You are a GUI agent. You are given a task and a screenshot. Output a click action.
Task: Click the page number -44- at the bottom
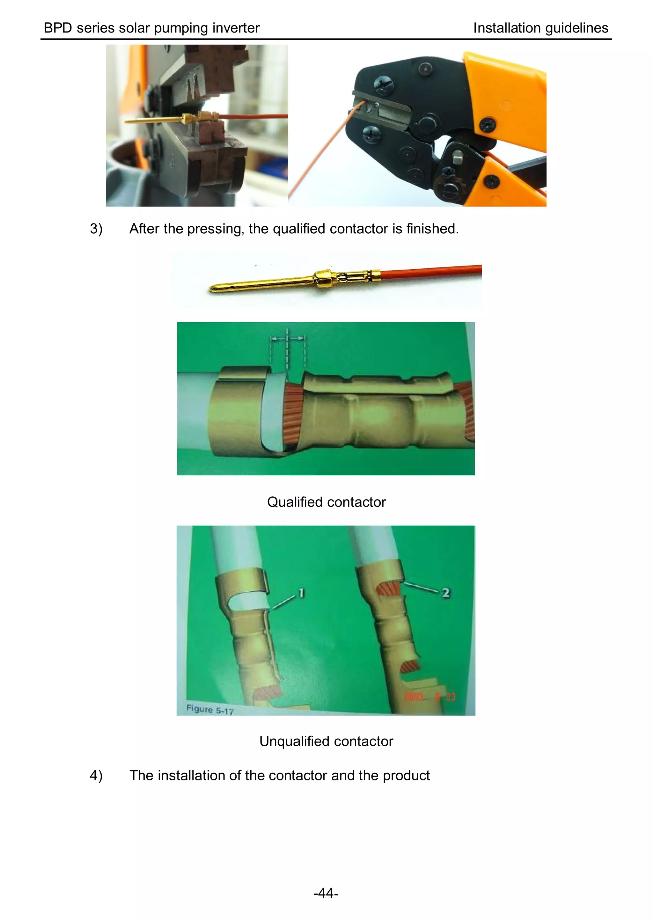326,893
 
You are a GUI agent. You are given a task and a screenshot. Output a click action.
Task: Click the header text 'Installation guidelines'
540,28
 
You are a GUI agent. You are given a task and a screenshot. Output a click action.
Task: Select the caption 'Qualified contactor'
326,502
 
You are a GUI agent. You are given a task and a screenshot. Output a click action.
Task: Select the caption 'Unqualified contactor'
326,741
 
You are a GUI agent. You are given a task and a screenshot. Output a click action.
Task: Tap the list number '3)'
96,229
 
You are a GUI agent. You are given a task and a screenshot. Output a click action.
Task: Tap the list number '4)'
96,775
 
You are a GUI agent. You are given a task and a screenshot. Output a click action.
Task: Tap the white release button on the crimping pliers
458,157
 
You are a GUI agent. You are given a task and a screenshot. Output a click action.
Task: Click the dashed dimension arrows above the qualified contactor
287,339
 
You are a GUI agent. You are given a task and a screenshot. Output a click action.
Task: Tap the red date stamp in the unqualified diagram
429,696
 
